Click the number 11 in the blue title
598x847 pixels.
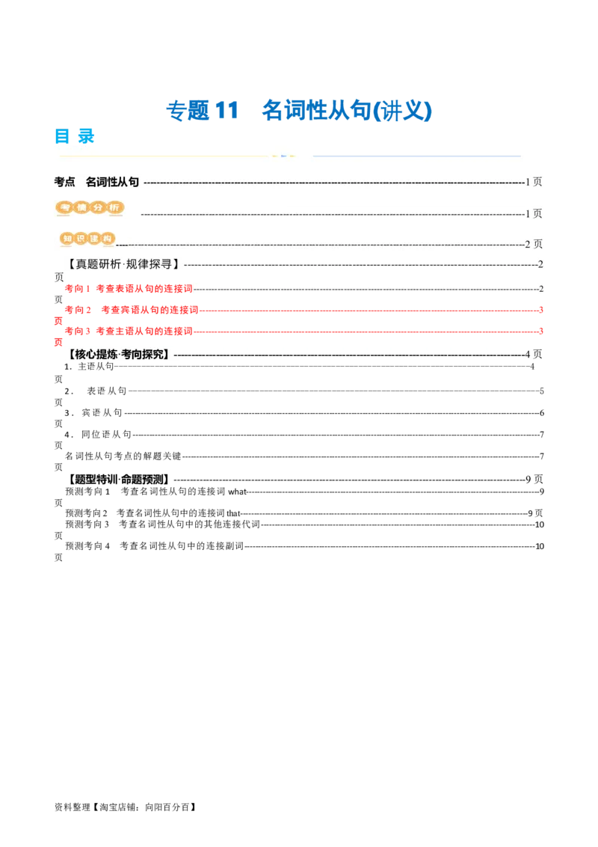[225, 111]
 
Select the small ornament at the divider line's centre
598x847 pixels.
[283, 156]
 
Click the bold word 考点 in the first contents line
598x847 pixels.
[65, 182]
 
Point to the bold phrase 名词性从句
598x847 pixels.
[112, 182]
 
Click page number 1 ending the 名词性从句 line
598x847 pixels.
[528, 182]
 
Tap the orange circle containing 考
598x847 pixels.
[65, 207]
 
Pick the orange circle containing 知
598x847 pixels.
[67, 239]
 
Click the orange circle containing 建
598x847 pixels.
[94, 239]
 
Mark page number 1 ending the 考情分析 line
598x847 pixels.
[528, 213]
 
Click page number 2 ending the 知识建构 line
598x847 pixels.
[528, 244]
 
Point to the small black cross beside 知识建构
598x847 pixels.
[121, 243]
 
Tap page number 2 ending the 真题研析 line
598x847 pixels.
[540, 264]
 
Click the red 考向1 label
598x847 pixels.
[77, 288]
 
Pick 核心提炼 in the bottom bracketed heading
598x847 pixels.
[96, 354]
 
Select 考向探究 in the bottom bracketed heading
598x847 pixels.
[147, 354]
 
